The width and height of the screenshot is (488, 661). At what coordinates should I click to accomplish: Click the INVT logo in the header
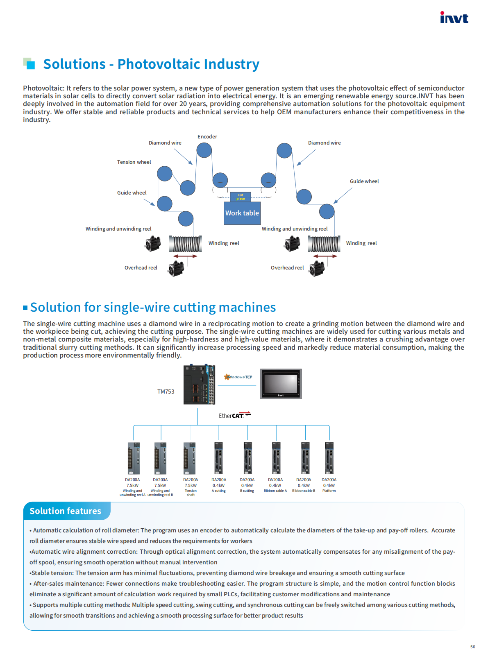454,18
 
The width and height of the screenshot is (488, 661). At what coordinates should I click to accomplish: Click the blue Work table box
242,213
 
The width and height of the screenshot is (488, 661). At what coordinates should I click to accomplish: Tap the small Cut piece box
241,197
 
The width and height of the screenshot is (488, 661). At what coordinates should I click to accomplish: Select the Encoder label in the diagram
207,137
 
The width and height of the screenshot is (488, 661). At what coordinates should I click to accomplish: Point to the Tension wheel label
134,162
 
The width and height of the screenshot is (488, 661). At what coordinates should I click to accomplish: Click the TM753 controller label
166,392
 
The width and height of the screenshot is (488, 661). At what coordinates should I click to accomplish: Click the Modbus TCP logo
238,377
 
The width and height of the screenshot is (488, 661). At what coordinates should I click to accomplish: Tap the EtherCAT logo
234,415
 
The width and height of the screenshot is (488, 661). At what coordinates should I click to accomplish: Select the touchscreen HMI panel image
281,384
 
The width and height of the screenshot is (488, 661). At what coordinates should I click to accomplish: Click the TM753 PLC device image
199,385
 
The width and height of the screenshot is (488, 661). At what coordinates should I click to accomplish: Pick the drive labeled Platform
329,458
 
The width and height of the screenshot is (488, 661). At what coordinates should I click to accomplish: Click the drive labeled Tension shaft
190,458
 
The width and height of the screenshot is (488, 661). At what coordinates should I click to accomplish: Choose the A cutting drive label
219,491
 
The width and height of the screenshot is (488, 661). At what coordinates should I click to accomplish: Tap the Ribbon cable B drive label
304,491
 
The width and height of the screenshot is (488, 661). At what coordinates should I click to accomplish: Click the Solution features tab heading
65,511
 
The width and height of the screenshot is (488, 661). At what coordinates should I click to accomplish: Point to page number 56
472,647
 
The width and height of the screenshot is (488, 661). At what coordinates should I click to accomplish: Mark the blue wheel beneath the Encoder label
204,150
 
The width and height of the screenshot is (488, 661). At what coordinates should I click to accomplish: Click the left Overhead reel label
141,268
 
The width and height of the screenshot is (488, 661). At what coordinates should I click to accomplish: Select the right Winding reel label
361,243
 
